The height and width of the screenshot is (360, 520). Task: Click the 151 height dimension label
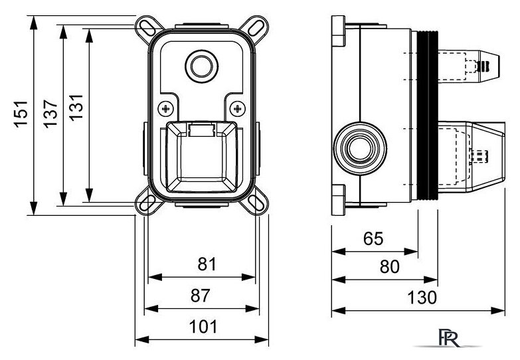21,114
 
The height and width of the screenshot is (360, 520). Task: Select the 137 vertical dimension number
50,114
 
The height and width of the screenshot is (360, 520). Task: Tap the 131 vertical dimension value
76,107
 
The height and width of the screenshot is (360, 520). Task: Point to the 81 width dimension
207,264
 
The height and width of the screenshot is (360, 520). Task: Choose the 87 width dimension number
201,296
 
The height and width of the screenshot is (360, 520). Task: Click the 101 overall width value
203,327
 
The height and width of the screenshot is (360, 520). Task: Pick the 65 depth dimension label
373,238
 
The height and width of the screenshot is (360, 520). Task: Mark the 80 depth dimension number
389,267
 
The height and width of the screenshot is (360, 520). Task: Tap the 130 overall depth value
422,298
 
